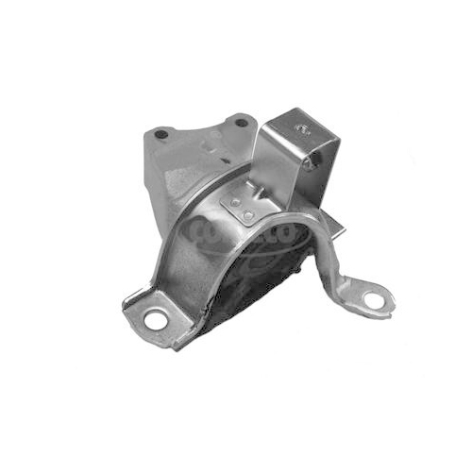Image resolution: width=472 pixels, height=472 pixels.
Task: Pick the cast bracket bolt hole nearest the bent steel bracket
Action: coord(241,123)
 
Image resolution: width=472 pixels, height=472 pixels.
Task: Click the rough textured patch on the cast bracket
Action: coord(189,179)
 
